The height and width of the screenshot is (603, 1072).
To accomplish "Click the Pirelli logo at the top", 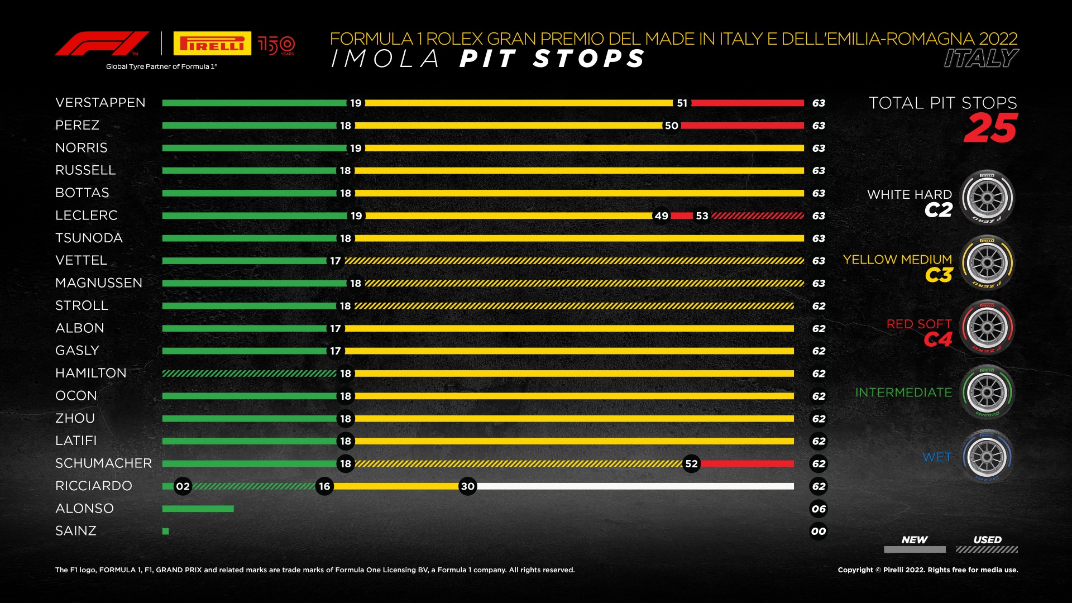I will (212, 44).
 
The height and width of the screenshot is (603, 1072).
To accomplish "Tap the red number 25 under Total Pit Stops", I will (990, 128).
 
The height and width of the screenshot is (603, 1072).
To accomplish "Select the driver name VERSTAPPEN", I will (100, 103).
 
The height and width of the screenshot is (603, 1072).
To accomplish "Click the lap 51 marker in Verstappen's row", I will (682, 103).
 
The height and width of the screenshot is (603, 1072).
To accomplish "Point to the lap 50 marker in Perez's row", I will (671, 126).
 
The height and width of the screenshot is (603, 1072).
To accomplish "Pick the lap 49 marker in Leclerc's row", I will (661, 216).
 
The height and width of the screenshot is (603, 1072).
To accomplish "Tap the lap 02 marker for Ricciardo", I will (183, 486).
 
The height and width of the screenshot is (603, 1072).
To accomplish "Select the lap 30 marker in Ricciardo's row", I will (467, 486).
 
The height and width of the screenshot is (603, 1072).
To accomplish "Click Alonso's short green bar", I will (198, 509).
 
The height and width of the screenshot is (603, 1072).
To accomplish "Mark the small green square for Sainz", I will (165, 532).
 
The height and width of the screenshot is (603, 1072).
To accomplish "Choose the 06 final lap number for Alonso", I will (819, 509).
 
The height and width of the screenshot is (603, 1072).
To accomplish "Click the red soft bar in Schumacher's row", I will (747, 463).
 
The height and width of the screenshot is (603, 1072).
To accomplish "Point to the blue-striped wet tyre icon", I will (987, 457).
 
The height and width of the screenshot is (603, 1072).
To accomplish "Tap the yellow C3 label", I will (939, 275).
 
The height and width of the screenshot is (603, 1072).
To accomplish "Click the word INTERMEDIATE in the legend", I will (903, 393).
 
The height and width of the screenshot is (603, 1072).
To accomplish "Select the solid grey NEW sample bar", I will (915, 549).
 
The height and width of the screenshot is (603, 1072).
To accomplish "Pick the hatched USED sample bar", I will (987, 549).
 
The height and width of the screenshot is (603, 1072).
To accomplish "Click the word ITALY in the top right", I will (981, 59).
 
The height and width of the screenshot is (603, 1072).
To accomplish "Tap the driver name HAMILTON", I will (91, 373).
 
